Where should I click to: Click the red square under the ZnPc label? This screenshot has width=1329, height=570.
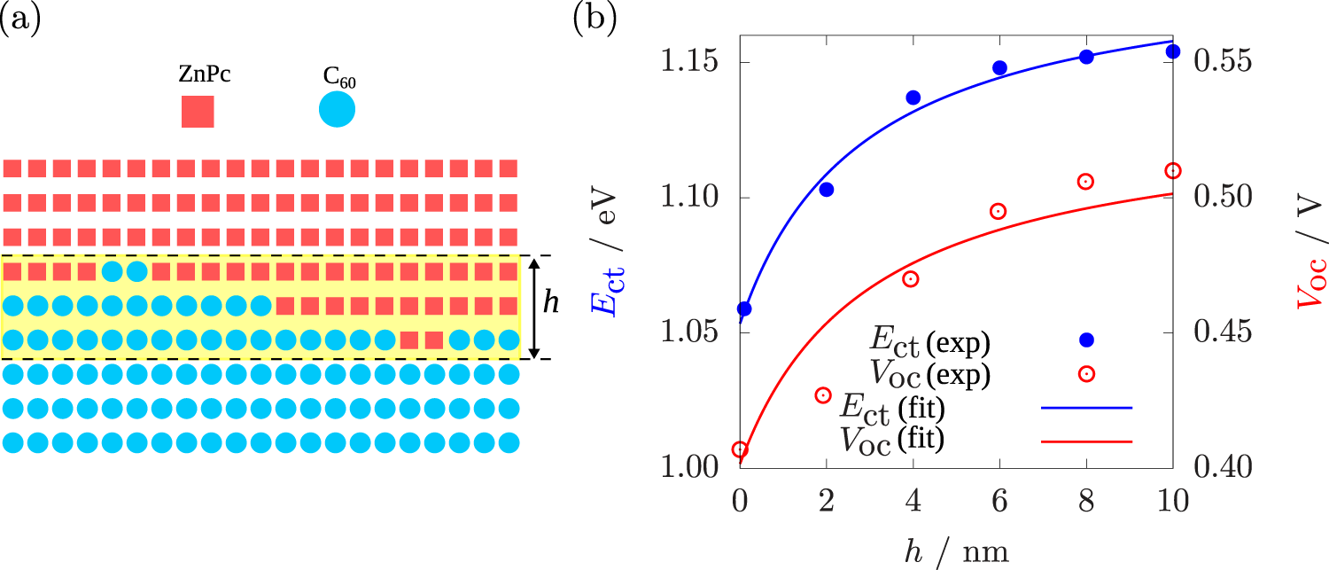pos(198,112)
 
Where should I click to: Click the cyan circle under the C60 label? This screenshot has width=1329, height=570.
pos(337,110)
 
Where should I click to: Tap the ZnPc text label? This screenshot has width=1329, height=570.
pos(205,74)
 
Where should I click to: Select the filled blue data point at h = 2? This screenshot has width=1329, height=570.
pos(826,189)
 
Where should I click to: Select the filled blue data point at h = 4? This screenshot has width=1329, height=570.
pos(913,98)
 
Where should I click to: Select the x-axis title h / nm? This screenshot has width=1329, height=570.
pos(952,550)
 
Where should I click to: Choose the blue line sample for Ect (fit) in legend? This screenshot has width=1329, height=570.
pos(1086,409)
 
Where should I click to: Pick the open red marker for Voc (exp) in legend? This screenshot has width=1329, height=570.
pos(1086,374)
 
